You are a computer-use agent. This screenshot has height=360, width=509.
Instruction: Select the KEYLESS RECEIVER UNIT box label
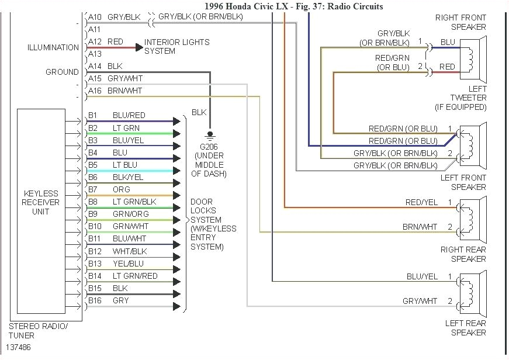[40, 202]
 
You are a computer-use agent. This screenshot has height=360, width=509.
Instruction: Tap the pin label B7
[93, 189]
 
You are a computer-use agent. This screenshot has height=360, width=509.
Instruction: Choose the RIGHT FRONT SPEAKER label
[460, 22]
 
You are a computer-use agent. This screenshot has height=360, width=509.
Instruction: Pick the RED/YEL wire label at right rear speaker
[421, 202]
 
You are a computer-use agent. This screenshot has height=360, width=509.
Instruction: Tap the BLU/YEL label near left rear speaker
[422, 276]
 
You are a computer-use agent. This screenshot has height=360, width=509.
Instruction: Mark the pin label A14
[95, 66]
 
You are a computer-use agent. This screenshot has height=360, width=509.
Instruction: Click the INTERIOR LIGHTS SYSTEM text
[176, 47]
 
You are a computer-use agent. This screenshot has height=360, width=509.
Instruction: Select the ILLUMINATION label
[53, 47]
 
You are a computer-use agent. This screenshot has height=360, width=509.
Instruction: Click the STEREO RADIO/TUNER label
[38, 330]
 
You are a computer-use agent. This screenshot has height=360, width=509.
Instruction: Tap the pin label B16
[95, 300]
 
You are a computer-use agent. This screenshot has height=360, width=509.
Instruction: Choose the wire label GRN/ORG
[130, 214]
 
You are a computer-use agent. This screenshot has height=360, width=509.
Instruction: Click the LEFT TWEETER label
[468, 98]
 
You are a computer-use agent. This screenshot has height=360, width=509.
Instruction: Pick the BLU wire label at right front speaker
[448, 42]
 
